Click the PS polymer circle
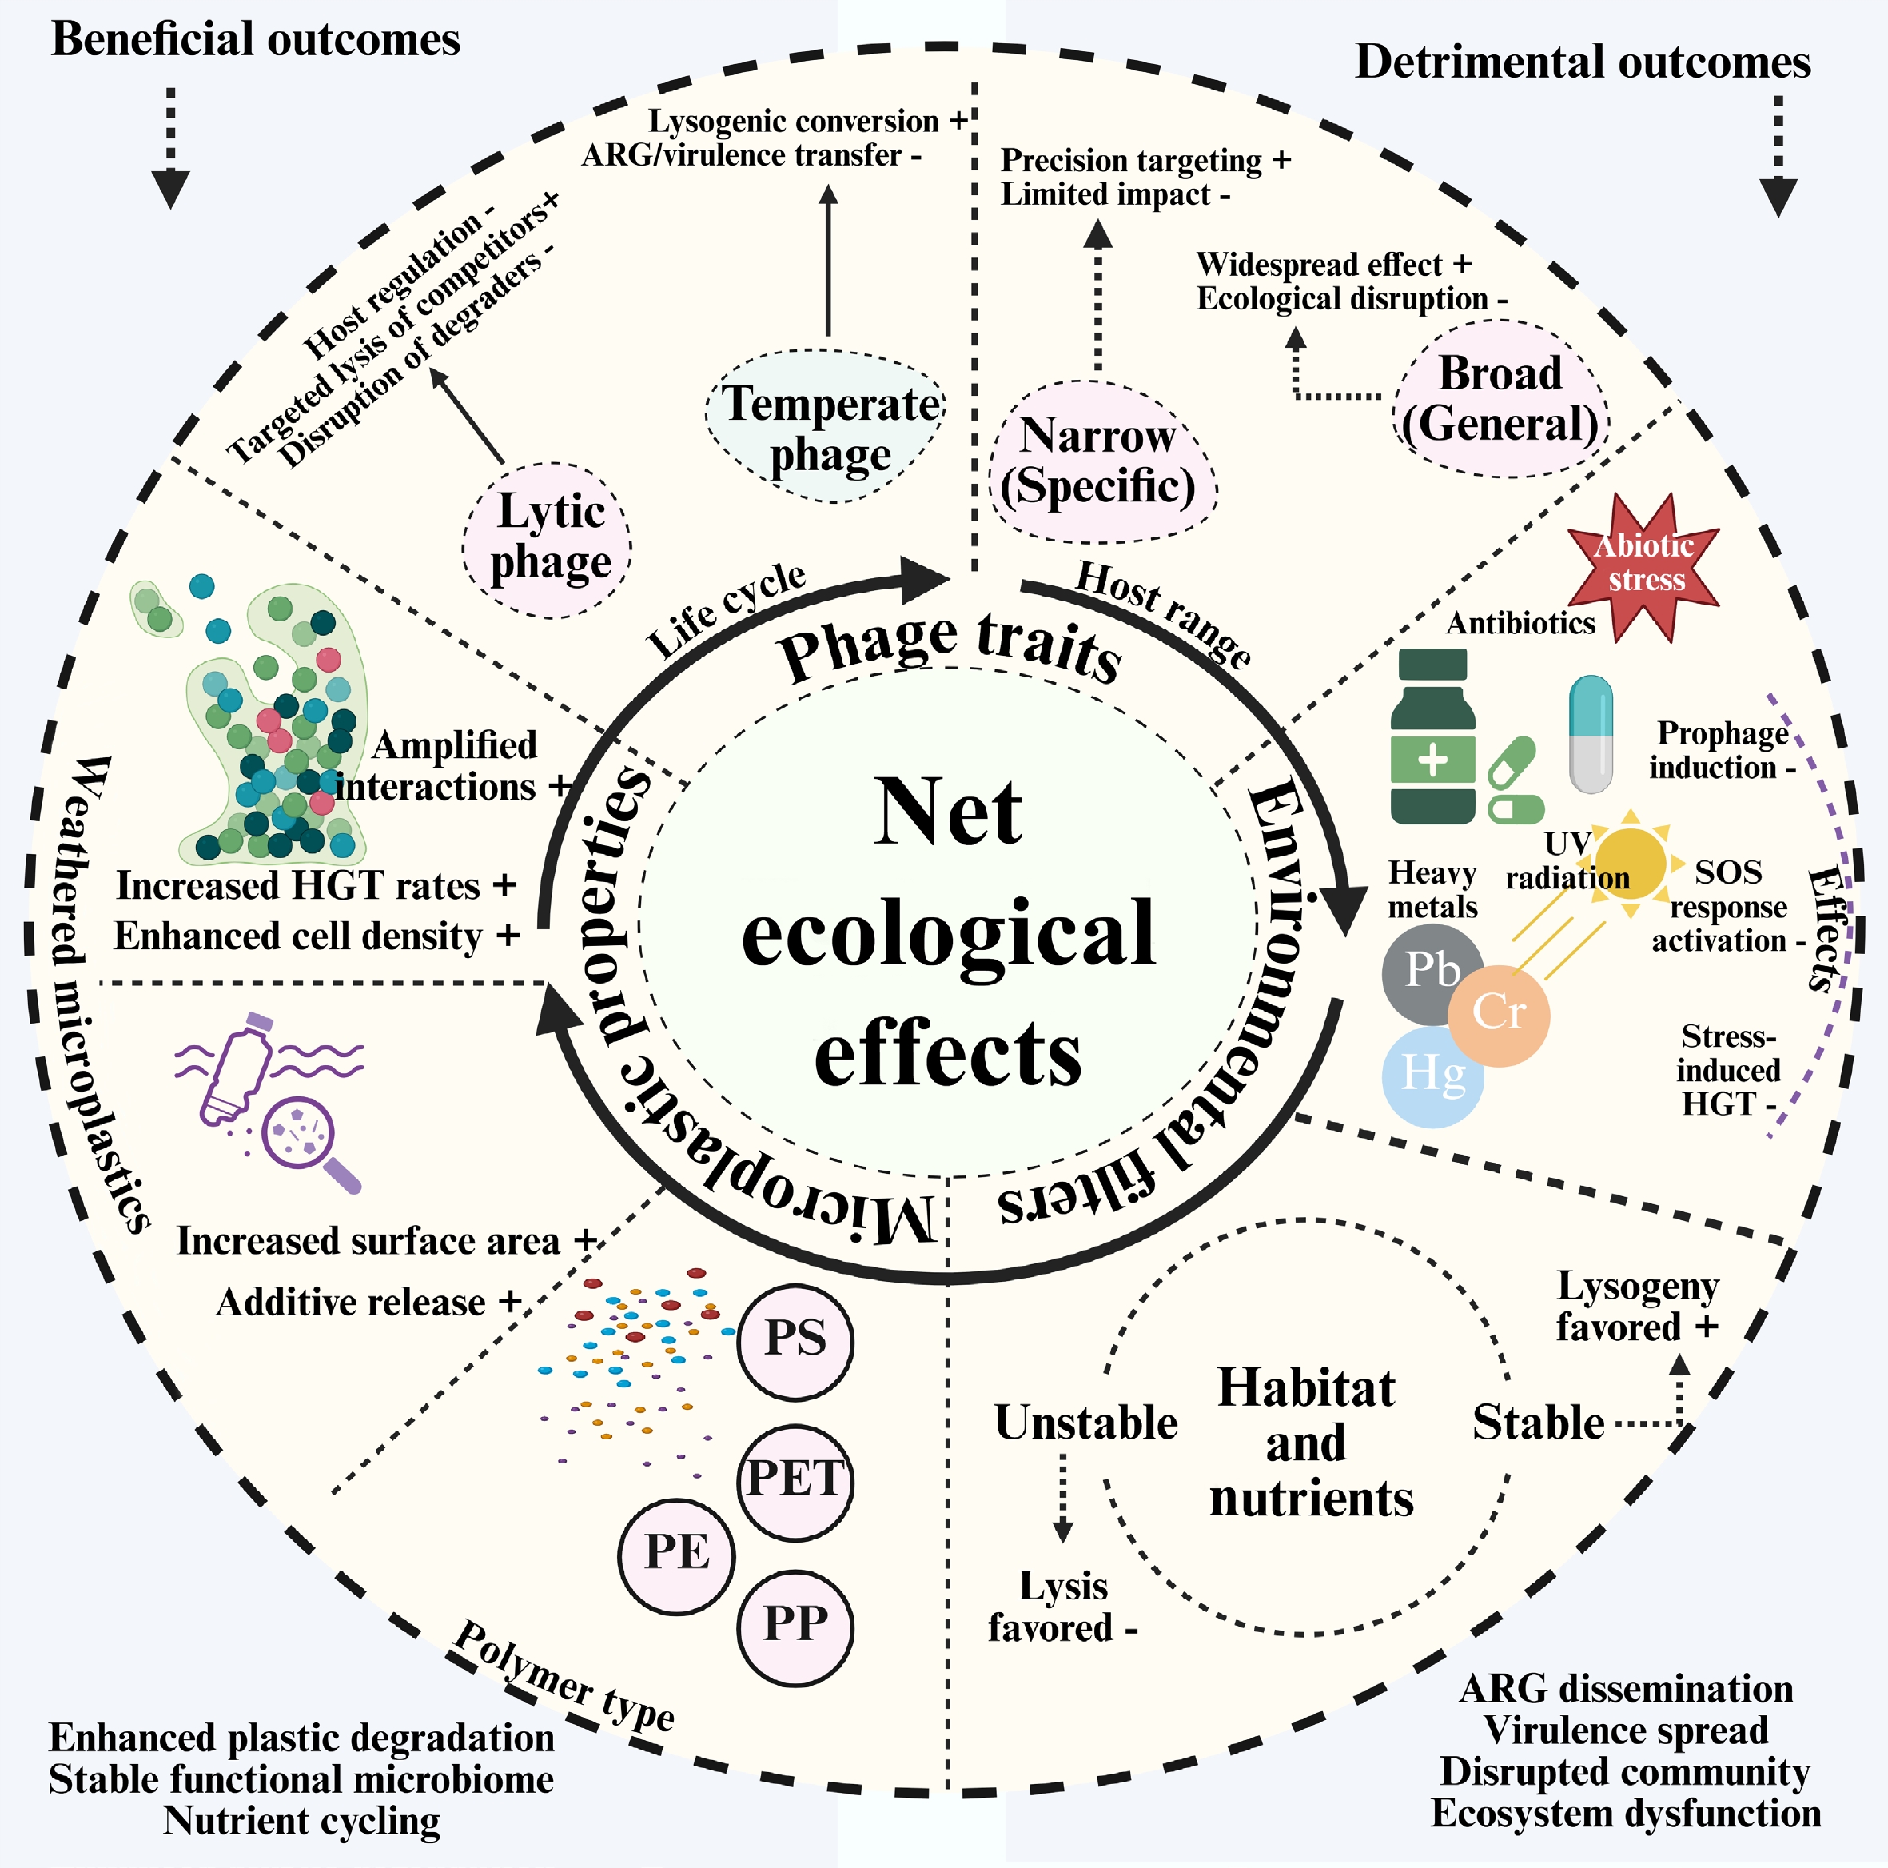click(x=795, y=1341)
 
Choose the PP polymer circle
click(x=795, y=1627)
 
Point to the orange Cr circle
click(x=1499, y=1015)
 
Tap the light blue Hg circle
click(x=1432, y=1076)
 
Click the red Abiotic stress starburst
click(x=1646, y=565)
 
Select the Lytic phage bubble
click(x=548, y=540)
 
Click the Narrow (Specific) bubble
click(x=1101, y=462)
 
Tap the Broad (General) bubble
click(x=1500, y=399)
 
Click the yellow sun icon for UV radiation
click(x=1630, y=862)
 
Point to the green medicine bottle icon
click(x=1432, y=738)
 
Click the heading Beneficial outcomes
click(x=255, y=40)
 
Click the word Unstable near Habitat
click(x=1085, y=1423)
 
